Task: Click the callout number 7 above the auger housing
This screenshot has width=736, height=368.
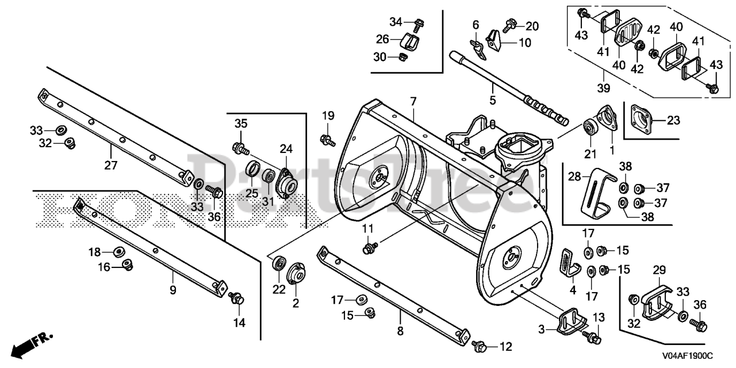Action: (x=413, y=102)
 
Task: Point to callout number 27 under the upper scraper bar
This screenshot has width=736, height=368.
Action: (x=110, y=166)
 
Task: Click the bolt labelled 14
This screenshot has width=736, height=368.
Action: (x=236, y=298)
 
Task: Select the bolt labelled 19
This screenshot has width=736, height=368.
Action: (x=328, y=139)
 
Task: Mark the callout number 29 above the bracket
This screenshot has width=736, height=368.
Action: (x=659, y=270)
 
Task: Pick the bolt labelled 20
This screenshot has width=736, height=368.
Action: (x=509, y=25)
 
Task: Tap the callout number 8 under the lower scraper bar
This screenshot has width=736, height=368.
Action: (x=400, y=331)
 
